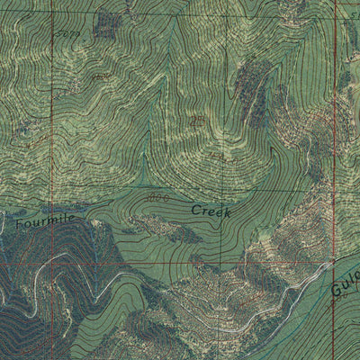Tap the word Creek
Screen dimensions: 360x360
pos(211,211)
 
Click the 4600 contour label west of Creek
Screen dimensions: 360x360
pos(158,197)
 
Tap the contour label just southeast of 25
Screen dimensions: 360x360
pos(217,157)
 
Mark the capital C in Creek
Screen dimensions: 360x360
pos(195,211)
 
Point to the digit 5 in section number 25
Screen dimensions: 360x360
pos(201,121)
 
